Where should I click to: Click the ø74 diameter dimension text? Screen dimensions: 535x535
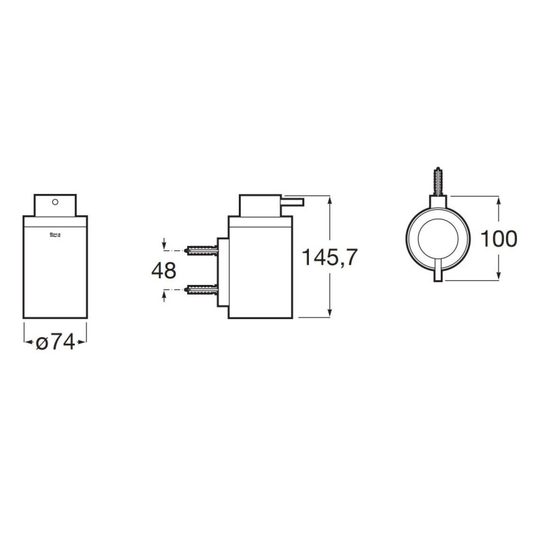tap(56, 342)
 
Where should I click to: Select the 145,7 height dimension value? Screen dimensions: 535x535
tap(330, 257)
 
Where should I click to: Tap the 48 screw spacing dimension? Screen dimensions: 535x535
tap(164, 270)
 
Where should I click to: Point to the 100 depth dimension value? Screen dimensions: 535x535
tap(498, 239)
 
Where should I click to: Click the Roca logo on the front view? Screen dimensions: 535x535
tap(56, 235)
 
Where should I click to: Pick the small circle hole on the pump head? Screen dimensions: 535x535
tap(56, 202)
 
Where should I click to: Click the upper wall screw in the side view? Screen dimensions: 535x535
tap(201, 251)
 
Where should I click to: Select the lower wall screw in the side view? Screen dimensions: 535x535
tap(201, 290)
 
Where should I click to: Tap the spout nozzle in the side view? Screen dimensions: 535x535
tap(292, 202)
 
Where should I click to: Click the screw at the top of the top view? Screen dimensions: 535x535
tap(439, 181)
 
